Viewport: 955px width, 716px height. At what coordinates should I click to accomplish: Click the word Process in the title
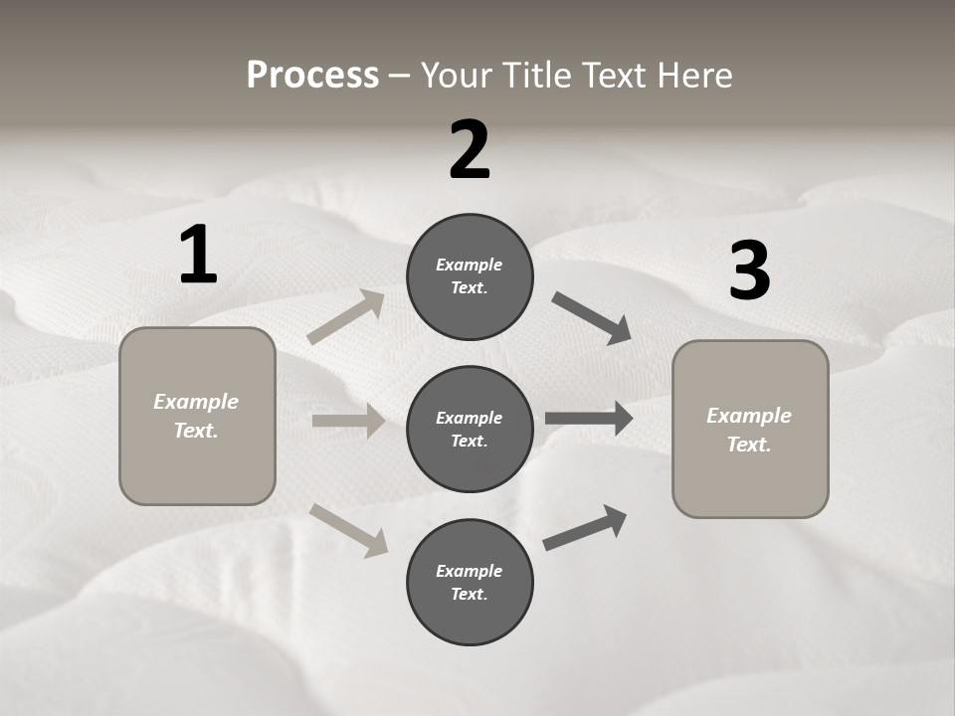pos(312,76)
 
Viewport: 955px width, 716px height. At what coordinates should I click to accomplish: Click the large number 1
pos(198,256)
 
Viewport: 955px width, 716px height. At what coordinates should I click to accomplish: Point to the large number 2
pos(470,150)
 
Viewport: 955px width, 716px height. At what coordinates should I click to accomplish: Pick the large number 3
pos(750,271)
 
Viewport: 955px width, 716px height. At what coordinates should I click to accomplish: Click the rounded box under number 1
pos(197,416)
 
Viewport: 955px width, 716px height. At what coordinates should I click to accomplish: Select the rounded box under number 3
pos(750,430)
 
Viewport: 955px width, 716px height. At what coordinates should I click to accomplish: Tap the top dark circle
pos(470,276)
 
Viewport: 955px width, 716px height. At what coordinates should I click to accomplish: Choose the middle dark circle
pos(470,429)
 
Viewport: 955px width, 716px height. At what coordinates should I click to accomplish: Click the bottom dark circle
pos(470,582)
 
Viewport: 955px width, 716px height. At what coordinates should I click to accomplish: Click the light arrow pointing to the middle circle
pos(348,421)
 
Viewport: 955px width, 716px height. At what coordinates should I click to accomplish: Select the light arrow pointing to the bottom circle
pos(349,530)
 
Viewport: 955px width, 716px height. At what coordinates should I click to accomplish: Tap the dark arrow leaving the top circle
pos(592,318)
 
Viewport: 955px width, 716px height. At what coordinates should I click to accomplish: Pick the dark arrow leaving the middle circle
pos(589,418)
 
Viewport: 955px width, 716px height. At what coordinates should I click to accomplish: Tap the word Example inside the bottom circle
pos(469,571)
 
